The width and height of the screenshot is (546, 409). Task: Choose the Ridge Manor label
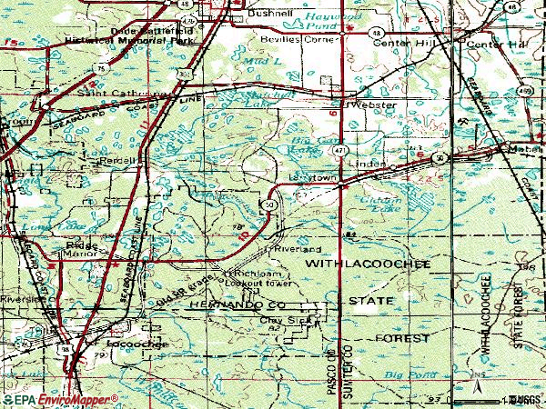86,250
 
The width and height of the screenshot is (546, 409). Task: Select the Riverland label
293,248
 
